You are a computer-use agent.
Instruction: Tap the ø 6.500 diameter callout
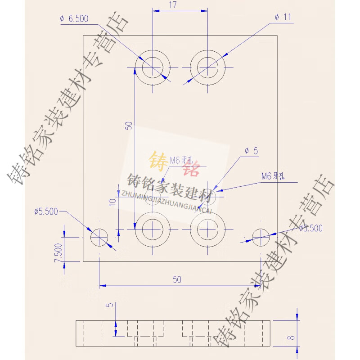pos(74,18)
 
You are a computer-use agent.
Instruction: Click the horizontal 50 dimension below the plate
pos(177,279)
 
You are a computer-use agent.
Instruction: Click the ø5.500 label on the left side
pos(46,211)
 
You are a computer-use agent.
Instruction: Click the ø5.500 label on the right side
pos(310,228)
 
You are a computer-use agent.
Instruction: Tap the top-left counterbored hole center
pos(153,67)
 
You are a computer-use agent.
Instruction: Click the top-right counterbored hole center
pos(207,67)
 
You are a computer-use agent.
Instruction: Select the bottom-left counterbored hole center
pos(153,229)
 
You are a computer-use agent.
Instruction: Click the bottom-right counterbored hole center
pos(207,229)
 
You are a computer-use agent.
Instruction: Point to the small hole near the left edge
pos(99,237)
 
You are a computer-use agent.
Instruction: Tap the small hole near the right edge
pos(261,237)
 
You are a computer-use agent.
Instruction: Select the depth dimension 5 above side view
pos(108,305)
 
